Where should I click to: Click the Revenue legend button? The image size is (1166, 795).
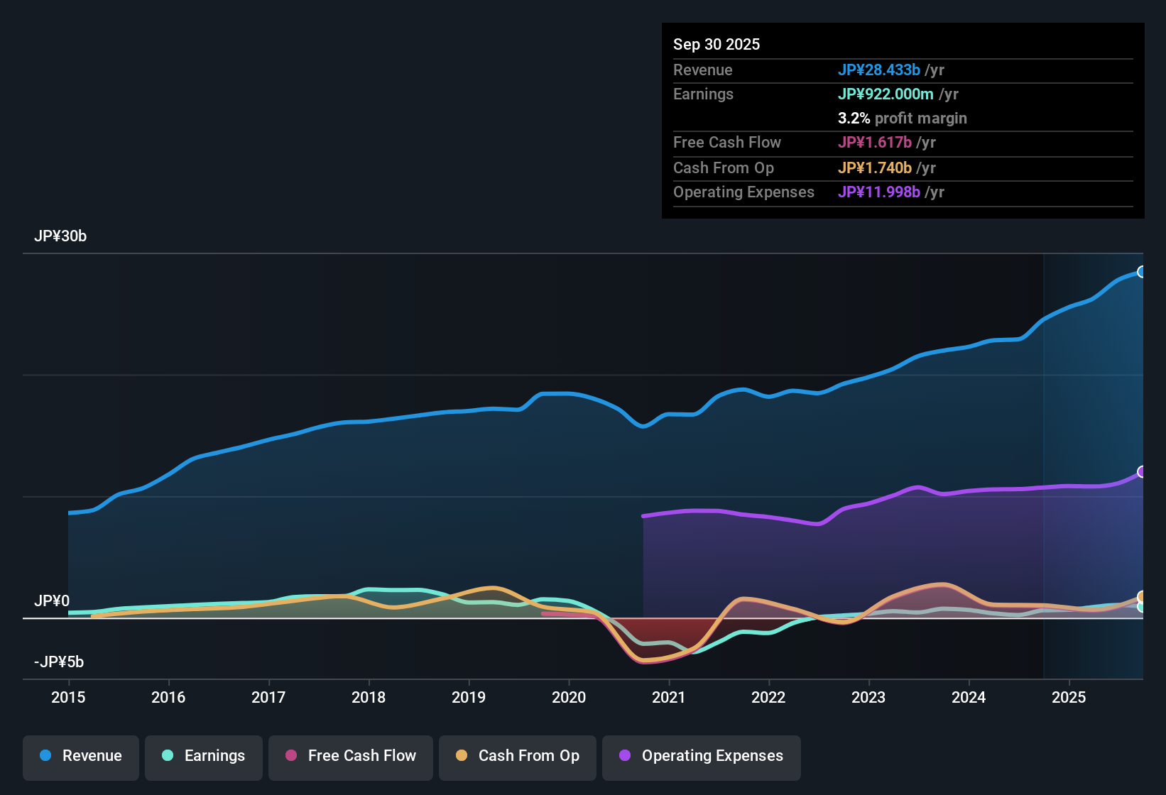tap(81, 756)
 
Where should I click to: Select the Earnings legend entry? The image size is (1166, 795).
tap(204, 756)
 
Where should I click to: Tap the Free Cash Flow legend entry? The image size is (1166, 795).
tap(351, 756)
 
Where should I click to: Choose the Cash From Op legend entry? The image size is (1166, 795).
tap(518, 756)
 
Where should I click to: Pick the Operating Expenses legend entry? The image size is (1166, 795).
tap(702, 756)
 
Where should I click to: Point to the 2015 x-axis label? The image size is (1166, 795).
tap(68, 698)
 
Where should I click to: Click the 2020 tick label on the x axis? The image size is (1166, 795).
tap(569, 698)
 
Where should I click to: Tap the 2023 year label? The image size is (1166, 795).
tap(868, 698)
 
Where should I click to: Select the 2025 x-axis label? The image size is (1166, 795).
tap(1069, 698)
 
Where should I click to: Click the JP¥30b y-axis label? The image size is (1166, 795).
tap(60, 236)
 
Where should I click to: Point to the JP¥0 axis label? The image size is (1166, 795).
tap(52, 601)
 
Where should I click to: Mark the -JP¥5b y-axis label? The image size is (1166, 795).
tap(59, 662)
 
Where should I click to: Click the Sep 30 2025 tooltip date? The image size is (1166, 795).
tap(717, 45)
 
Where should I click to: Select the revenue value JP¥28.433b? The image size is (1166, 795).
tap(878, 70)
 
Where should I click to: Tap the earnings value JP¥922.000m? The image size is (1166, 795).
tap(886, 94)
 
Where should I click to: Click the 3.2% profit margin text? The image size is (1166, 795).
tap(902, 119)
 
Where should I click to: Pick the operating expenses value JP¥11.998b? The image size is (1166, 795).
tap(878, 192)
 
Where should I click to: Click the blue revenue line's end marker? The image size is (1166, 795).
tap(1141, 272)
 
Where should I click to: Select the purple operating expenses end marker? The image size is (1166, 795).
tap(1141, 472)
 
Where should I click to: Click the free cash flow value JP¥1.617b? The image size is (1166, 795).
tap(874, 143)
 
